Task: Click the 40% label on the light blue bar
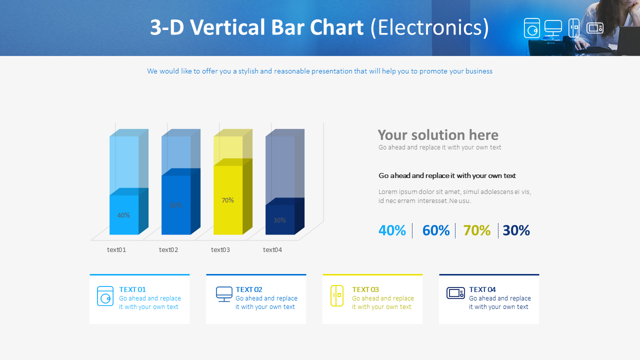[123, 215]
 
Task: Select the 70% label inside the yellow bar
[227, 200]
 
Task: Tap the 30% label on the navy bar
[279, 220]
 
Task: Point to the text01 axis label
[116, 250]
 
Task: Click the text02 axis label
[168, 250]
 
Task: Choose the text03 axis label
[220, 250]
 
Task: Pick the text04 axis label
[272, 250]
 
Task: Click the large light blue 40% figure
[392, 230]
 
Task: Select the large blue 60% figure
[435, 230]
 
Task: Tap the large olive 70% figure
[476, 230]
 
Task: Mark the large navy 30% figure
[516, 230]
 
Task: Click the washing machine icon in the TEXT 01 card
[105, 296]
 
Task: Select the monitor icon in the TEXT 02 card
[224, 294]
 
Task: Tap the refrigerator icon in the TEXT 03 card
[337, 295]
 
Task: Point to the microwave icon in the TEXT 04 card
[455, 293]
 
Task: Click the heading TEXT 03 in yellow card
[365, 289]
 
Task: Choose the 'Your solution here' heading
[438, 135]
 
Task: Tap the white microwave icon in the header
[595, 28]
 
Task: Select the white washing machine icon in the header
[532, 28]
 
